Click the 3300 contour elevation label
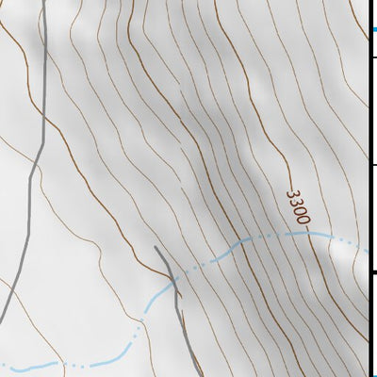(x=298, y=207)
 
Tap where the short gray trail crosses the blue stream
(x=174, y=281)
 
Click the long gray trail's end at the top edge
(x=44, y=2)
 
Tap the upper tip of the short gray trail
(x=156, y=247)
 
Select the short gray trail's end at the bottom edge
(x=198, y=374)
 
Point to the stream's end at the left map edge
(x=2, y=363)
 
